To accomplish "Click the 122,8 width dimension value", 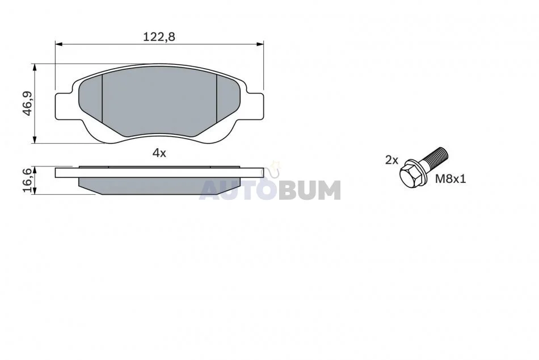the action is (159, 36).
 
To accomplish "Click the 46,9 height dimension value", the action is (27, 103).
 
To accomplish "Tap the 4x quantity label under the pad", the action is (159, 153).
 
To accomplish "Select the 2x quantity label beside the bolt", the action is (391, 160).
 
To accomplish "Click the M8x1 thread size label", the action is (450, 179).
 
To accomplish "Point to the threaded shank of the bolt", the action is (435, 157).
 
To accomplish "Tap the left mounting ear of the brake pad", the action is (65, 107).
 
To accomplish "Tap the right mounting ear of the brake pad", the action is (255, 107).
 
